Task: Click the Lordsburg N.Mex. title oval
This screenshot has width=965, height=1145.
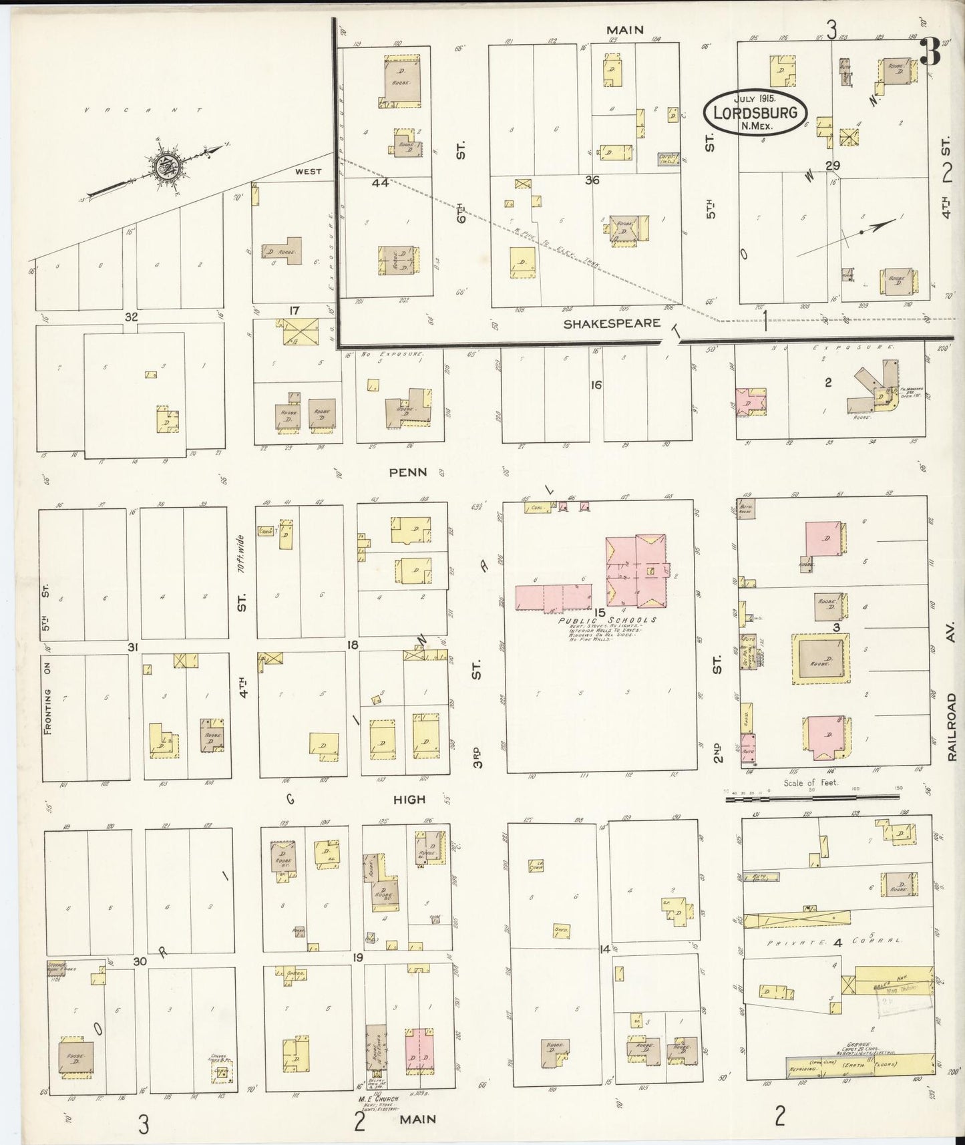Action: coord(755,112)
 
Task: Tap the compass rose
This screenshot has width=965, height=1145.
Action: coord(162,167)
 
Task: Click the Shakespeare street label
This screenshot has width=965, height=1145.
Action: coord(612,324)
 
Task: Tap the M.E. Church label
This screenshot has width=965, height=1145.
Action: coord(379,1099)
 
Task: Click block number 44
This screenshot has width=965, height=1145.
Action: coord(381,182)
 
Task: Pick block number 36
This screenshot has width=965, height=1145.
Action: coord(592,180)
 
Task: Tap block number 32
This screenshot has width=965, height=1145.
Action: coord(131,317)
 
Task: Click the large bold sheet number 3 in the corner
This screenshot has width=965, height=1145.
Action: coord(930,52)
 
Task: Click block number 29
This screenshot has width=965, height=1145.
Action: coord(832,166)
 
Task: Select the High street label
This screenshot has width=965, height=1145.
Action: coord(409,799)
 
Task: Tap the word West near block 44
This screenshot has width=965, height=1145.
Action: coord(308,172)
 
